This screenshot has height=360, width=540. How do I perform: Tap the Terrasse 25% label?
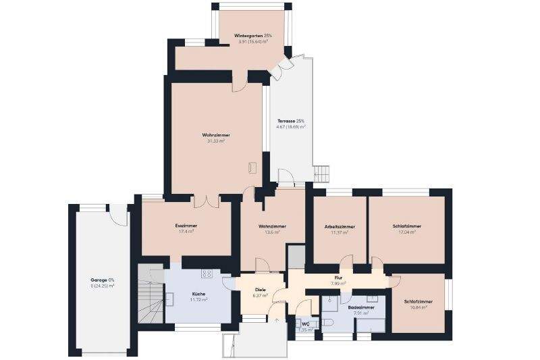pyautogui.click(x=290, y=121)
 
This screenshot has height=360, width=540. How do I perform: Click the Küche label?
pyautogui.click(x=198, y=294)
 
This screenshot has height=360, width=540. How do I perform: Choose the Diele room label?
pyautogui.click(x=260, y=290)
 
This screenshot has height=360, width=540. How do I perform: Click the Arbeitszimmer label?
pyautogui.click(x=340, y=227)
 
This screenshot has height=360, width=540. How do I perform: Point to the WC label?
pyautogui.click(x=306, y=324)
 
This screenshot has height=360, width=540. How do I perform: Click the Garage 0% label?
pyautogui.click(x=103, y=280)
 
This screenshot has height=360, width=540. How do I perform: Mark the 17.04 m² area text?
pyautogui.click(x=406, y=232)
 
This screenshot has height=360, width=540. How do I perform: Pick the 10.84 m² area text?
pyautogui.click(x=418, y=307)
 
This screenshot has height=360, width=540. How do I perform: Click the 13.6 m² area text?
pyautogui.click(x=272, y=232)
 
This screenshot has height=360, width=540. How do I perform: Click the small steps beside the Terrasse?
pyautogui.click(x=322, y=174)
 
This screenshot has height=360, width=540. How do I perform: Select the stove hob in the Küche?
pyautogui.click(x=206, y=274)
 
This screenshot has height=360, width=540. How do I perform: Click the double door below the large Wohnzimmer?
pyautogui.click(x=206, y=201)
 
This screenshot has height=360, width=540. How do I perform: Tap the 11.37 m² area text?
pyautogui.click(x=340, y=232)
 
